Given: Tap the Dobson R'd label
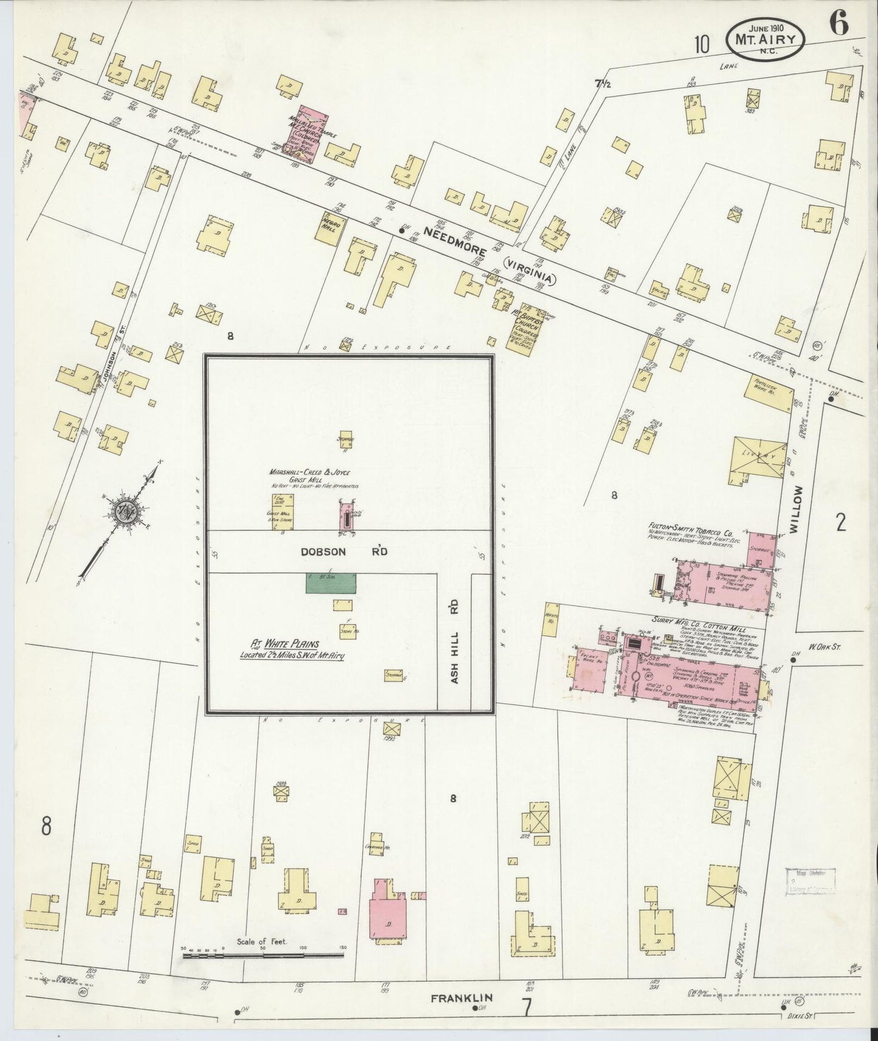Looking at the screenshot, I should coord(343,551).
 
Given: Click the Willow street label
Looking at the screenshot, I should coord(798,509).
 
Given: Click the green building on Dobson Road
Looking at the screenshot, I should coord(331,582).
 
